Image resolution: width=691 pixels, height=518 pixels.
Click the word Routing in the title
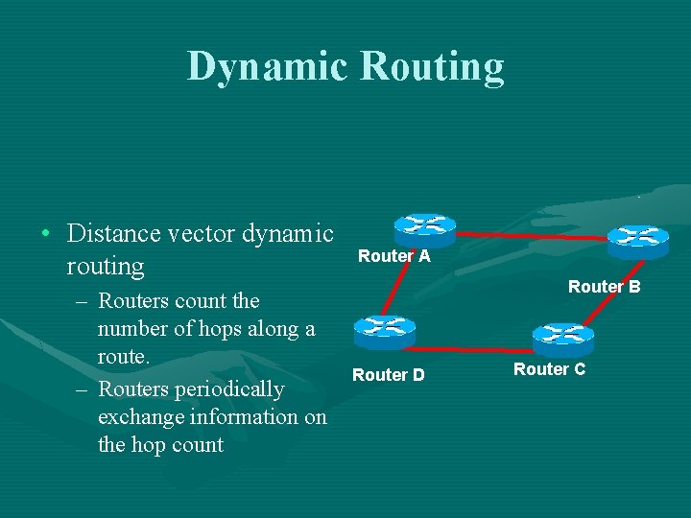click(x=432, y=67)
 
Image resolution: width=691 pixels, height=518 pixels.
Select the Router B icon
click(x=637, y=240)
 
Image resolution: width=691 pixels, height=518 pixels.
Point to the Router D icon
click(x=384, y=332)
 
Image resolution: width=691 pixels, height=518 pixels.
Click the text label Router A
click(x=393, y=256)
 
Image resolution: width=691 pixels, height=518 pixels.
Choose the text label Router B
click(x=604, y=286)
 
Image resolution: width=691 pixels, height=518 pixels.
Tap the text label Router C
click(x=549, y=369)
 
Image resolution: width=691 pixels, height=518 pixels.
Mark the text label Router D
click(x=388, y=375)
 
